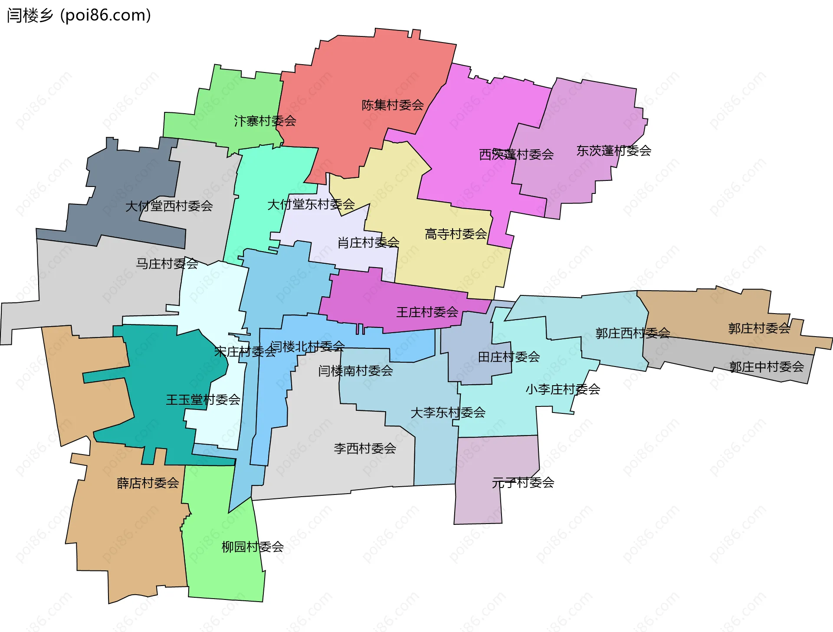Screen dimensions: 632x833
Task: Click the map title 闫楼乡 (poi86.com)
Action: (x=79, y=15)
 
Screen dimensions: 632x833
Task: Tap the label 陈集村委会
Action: (x=393, y=105)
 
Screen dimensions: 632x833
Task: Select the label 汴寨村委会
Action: (x=265, y=121)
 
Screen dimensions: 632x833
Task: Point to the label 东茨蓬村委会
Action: (x=613, y=151)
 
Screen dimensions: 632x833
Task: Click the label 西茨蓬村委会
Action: (x=516, y=154)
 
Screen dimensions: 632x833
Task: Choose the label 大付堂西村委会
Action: (x=169, y=206)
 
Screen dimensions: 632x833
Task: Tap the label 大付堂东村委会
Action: (x=311, y=204)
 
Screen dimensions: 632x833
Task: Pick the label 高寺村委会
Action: (x=456, y=234)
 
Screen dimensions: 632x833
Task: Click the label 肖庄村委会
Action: (x=368, y=242)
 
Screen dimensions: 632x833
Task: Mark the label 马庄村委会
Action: (x=167, y=263)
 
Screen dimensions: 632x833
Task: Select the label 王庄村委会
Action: (x=427, y=312)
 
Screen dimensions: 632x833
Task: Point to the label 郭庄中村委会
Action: (x=766, y=367)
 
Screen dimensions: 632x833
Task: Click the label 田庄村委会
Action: (x=508, y=357)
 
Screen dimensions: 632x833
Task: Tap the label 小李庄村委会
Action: (x=563, y=389)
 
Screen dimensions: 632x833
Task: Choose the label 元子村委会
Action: (x=523, y=482)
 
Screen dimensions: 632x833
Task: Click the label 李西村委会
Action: (x=365, y=449)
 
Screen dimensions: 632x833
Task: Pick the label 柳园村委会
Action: (x=253, y=547)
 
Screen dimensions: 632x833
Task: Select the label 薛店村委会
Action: (x=148, y=483)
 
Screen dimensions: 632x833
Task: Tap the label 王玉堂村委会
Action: (x=203, y=400)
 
